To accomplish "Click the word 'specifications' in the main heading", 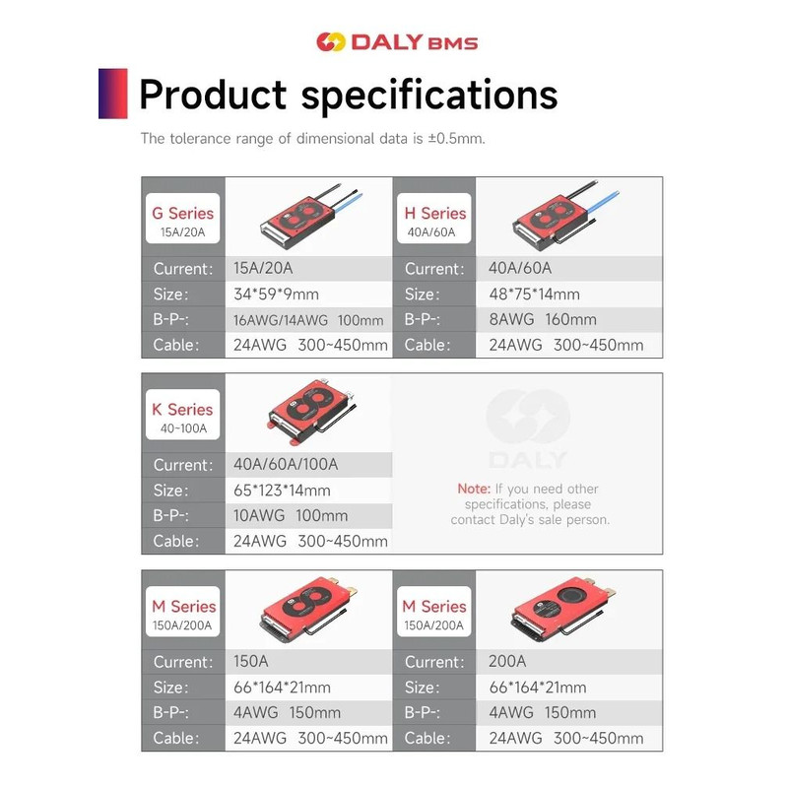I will pyautogui.click(x=428, y=96).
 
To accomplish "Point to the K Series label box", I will pyautogui.click(x=182, y=417).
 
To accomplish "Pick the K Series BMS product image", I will pyautogui.click(x=307, y=414).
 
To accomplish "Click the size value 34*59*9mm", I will pyautogui.click(x=276, y=294).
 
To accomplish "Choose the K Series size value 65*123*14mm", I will pyautogui.click(x=282, y=491).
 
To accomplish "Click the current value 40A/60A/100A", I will pyautogui.click(x=287, y=465).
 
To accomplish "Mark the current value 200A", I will pyautogui.click(x=508, y=662).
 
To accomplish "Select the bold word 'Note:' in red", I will pyautogui.click(x=474, y=489).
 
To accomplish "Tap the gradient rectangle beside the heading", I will pyautogui.click(x=113, y=94).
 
